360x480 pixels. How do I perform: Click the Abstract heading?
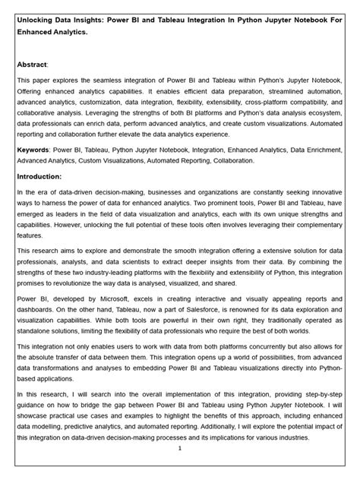33,65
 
